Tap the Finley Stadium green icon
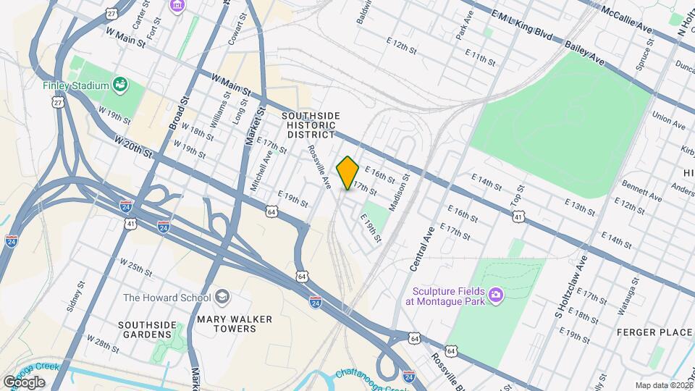[x=121, y=85]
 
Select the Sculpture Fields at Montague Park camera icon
[x=495, y=293]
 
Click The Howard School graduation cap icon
[x=222, y=298]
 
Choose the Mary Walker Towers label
[x=227, y=323]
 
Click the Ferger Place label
[x=654, y=332]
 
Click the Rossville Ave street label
[x=319, y=166]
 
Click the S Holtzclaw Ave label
[x=568, y=295]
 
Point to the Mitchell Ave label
[x=262, y=171]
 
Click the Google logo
[x=24, y=382]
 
